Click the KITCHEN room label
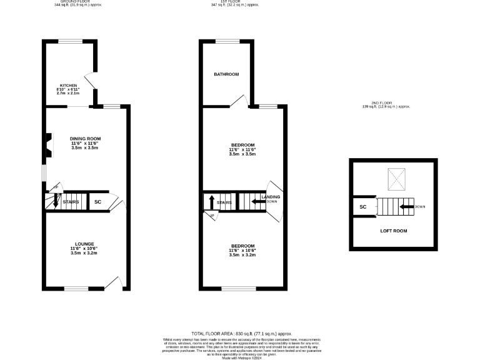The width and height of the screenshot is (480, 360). point(68,85)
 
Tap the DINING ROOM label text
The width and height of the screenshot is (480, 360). point(85,139)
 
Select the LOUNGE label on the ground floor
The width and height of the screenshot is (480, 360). point(84,244)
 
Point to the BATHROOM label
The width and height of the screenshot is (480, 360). point(226,74)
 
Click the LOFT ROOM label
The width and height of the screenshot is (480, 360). point(394,231)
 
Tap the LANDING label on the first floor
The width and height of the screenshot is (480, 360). point(271,197)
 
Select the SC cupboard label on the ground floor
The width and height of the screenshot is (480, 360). point(97,202)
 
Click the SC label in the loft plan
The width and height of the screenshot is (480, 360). point(362,207)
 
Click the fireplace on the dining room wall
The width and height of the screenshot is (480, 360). point(48,144)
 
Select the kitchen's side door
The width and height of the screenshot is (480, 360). point(91,81)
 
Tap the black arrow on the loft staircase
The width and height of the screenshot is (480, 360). point(407,206)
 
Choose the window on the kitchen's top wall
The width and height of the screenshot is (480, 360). point(69,41)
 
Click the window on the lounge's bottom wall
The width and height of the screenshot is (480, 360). point(76,289)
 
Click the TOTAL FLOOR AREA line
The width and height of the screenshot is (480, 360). point(241,334)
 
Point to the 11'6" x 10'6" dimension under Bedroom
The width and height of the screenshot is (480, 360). point(242,251)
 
